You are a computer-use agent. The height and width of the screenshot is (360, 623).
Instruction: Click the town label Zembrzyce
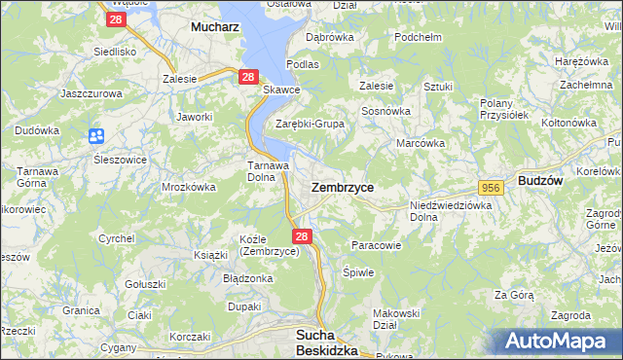point(342,186)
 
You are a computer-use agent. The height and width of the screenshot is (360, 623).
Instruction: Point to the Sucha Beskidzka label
point(326,342)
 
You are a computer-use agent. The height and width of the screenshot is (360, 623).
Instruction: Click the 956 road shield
point(490,187)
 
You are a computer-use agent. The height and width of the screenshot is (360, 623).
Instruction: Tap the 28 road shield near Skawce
point(247,77)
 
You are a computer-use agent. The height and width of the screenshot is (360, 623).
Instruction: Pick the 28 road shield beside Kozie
point(302,236)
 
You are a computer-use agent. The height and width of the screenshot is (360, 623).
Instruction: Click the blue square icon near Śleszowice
point(96,136)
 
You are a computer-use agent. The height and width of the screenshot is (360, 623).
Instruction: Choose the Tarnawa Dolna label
point(264,171)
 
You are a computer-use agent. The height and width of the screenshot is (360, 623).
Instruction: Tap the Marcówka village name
point(421,143)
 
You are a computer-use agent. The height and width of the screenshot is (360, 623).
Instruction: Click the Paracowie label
point(376,245)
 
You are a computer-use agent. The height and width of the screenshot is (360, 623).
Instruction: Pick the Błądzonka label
point(248,278)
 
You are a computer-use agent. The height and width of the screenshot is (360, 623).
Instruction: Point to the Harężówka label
point(580,61)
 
